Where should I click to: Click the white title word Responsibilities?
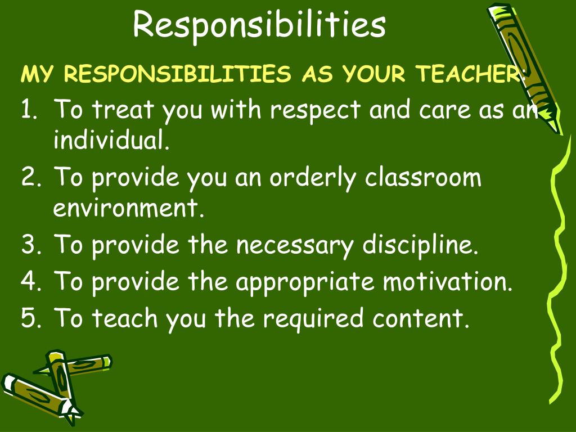259,25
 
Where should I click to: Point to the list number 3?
29,245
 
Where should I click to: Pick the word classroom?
423,178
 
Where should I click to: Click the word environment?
127,209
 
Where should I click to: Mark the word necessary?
295,246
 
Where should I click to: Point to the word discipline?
420,246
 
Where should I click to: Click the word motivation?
448,282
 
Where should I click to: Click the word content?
420,318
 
